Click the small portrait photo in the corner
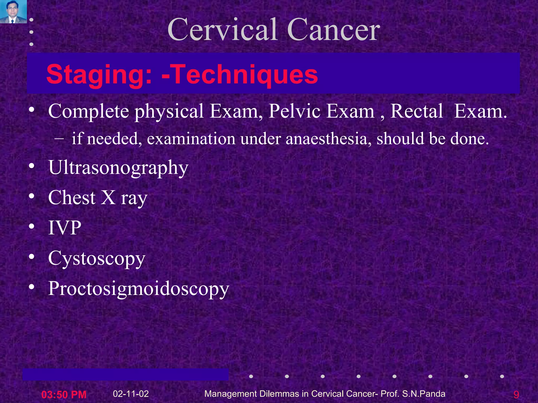tap(13, 12)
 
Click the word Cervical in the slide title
tap(223, 29)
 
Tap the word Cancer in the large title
tap(334, 29)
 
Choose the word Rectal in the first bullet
tap(417, 111)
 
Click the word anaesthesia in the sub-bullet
tap(328, 139)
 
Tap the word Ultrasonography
tap(118, 168)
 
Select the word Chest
tap(72, 198)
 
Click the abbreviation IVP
tap(65, 228)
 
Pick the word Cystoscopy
tap(97, 258)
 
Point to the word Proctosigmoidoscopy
tap(139, 289)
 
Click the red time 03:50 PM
tap(64, 394)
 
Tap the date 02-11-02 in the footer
tap(131, 394)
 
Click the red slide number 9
tap(516, 395)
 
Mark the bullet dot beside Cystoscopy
tap(32, 257)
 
